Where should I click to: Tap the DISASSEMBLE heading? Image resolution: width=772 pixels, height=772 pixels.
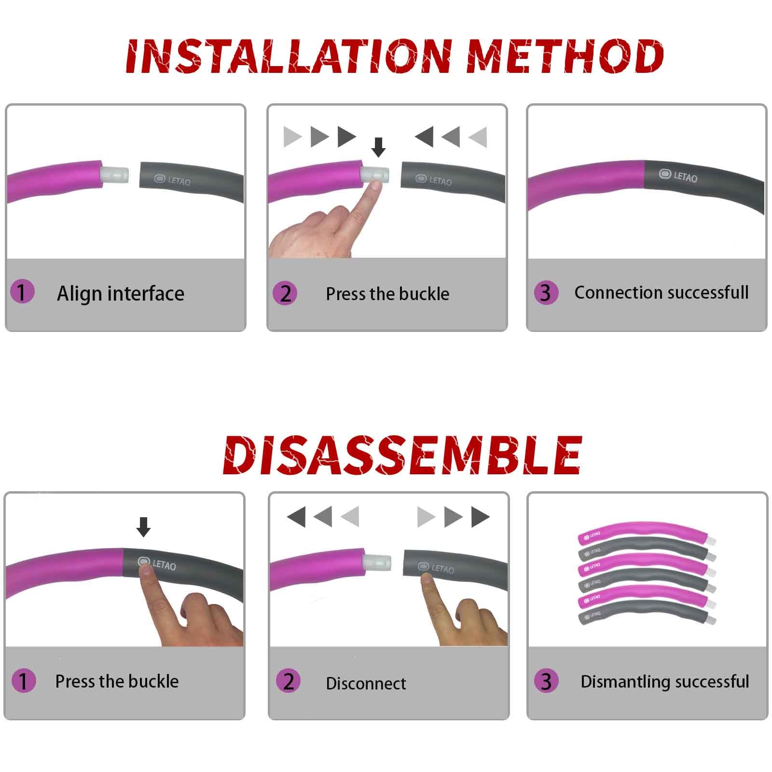click(402, 454)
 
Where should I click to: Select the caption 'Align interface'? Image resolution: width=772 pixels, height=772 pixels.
click(121, 293)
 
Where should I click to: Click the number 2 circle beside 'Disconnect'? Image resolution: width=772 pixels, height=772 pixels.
click(288, 681)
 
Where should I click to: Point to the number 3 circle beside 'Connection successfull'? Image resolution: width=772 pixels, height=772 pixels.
click(546, 292)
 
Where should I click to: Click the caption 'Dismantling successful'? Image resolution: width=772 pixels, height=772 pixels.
click(665, 681)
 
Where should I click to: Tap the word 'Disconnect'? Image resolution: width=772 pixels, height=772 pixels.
click(366, 683)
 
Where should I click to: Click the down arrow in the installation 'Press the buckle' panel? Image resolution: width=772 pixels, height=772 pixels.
click(379, 147)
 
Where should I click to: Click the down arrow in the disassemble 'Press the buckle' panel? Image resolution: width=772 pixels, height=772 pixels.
click(143, 527)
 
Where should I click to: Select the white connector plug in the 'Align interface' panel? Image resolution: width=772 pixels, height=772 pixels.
click(115, 174)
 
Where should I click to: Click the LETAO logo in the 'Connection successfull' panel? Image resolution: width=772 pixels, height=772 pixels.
click(678, 176)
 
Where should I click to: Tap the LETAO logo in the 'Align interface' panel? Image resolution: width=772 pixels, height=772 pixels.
click(172, 180)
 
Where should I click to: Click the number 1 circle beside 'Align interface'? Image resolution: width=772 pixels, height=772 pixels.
click(22, 292)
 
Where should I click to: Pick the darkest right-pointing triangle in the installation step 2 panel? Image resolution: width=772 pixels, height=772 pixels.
click(347, 137)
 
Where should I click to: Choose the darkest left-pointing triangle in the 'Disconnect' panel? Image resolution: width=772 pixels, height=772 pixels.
click(296, 516)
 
